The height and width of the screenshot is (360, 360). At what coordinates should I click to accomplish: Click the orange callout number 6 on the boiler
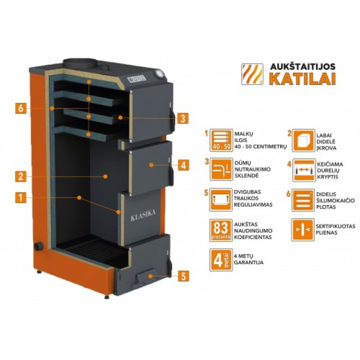[x=21, y=109]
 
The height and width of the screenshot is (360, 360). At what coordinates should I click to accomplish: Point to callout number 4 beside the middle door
[x=184, y=166]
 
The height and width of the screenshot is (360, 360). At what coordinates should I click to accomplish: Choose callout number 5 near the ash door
[x=184, y=276]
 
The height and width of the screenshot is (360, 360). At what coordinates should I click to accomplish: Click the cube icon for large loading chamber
[x=302, y=140]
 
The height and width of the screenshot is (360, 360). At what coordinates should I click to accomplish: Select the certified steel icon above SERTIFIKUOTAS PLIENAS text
[x=302, y=230]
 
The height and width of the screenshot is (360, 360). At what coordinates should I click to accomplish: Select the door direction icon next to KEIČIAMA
[x=302, y=171]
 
